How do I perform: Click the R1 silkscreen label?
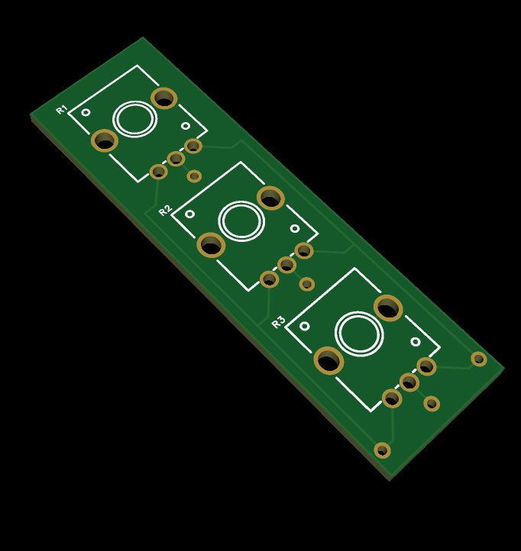coord(62,109)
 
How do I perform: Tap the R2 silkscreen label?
coord(165,210)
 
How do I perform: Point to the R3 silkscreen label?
coord(278,322)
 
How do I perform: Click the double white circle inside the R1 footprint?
coord(134,119)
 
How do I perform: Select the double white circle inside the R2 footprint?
coord(241,221)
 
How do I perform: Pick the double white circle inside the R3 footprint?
coord(359,333)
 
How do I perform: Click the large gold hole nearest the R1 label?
coord(105,140)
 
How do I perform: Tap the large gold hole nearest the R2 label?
coord(211,245)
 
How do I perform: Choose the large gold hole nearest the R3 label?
coord(329,360)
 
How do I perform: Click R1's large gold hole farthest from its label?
coord(164,98)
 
